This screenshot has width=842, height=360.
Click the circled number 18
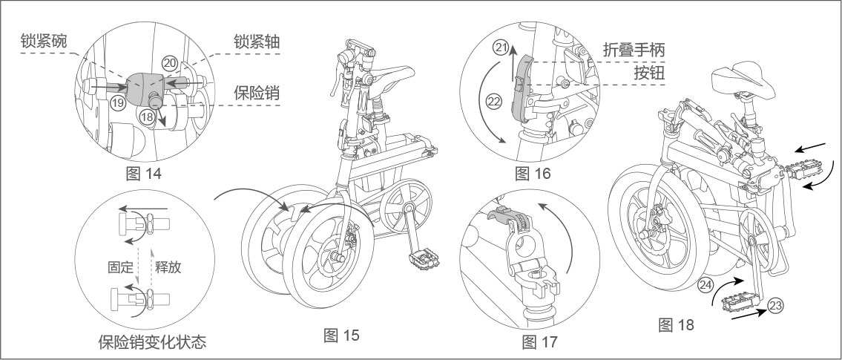tap(147, 117)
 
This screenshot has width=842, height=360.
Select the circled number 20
tap(170, 65)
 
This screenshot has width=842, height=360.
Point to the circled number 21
tap(501, 49)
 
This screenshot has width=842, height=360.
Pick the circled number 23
tap(775, 304)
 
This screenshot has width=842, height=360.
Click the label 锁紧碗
tap(44, 42)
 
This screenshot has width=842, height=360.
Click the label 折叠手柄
tap(633, 49)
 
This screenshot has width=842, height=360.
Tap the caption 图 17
tap(539, 341)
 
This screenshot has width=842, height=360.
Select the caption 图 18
tap(676, 324)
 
